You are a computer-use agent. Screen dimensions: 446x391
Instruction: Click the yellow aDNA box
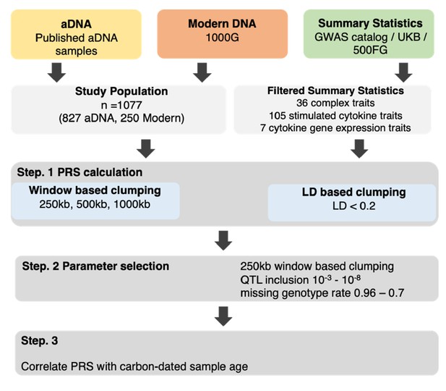(x=76, y=34)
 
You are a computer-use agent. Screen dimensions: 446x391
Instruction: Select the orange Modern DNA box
(x=223, y=34)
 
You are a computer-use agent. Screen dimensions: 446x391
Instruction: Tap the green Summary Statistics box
(x=369, y=34)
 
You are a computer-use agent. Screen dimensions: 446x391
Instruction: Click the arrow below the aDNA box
(x=56, y=72)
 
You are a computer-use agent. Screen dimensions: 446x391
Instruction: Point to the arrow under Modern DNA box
(x=202, y=72)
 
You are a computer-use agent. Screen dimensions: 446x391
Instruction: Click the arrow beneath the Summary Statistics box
(x=403, y=72)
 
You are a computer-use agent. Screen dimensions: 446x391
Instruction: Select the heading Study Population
(x=121, y=91)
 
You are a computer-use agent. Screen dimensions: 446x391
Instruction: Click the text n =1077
(x=121, y=105)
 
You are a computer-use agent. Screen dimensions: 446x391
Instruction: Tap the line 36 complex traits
(x=335, y=103)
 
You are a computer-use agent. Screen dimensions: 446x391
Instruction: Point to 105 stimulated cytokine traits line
(x=335, y=116)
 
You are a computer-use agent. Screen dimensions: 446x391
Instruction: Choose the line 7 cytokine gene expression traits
(x=335, y=128)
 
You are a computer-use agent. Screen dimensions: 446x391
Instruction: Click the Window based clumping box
(x=95, y=201)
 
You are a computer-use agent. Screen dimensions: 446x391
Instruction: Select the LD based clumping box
(x=352, y=203)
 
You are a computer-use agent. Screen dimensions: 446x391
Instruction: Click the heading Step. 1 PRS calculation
(x=80, y=172)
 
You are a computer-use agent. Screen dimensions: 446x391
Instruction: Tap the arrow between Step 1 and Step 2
(x=223, y=240)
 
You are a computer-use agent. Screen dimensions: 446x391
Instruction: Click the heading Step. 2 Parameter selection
(x=95, y=266)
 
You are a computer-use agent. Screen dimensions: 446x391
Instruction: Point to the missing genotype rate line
(x=322, y=293)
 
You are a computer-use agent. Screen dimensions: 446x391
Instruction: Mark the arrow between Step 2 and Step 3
(x=223, y=316)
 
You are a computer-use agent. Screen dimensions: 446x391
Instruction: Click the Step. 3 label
(x=40, y=340)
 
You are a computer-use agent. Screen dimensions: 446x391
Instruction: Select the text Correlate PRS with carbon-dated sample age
(x=134, y=366)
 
